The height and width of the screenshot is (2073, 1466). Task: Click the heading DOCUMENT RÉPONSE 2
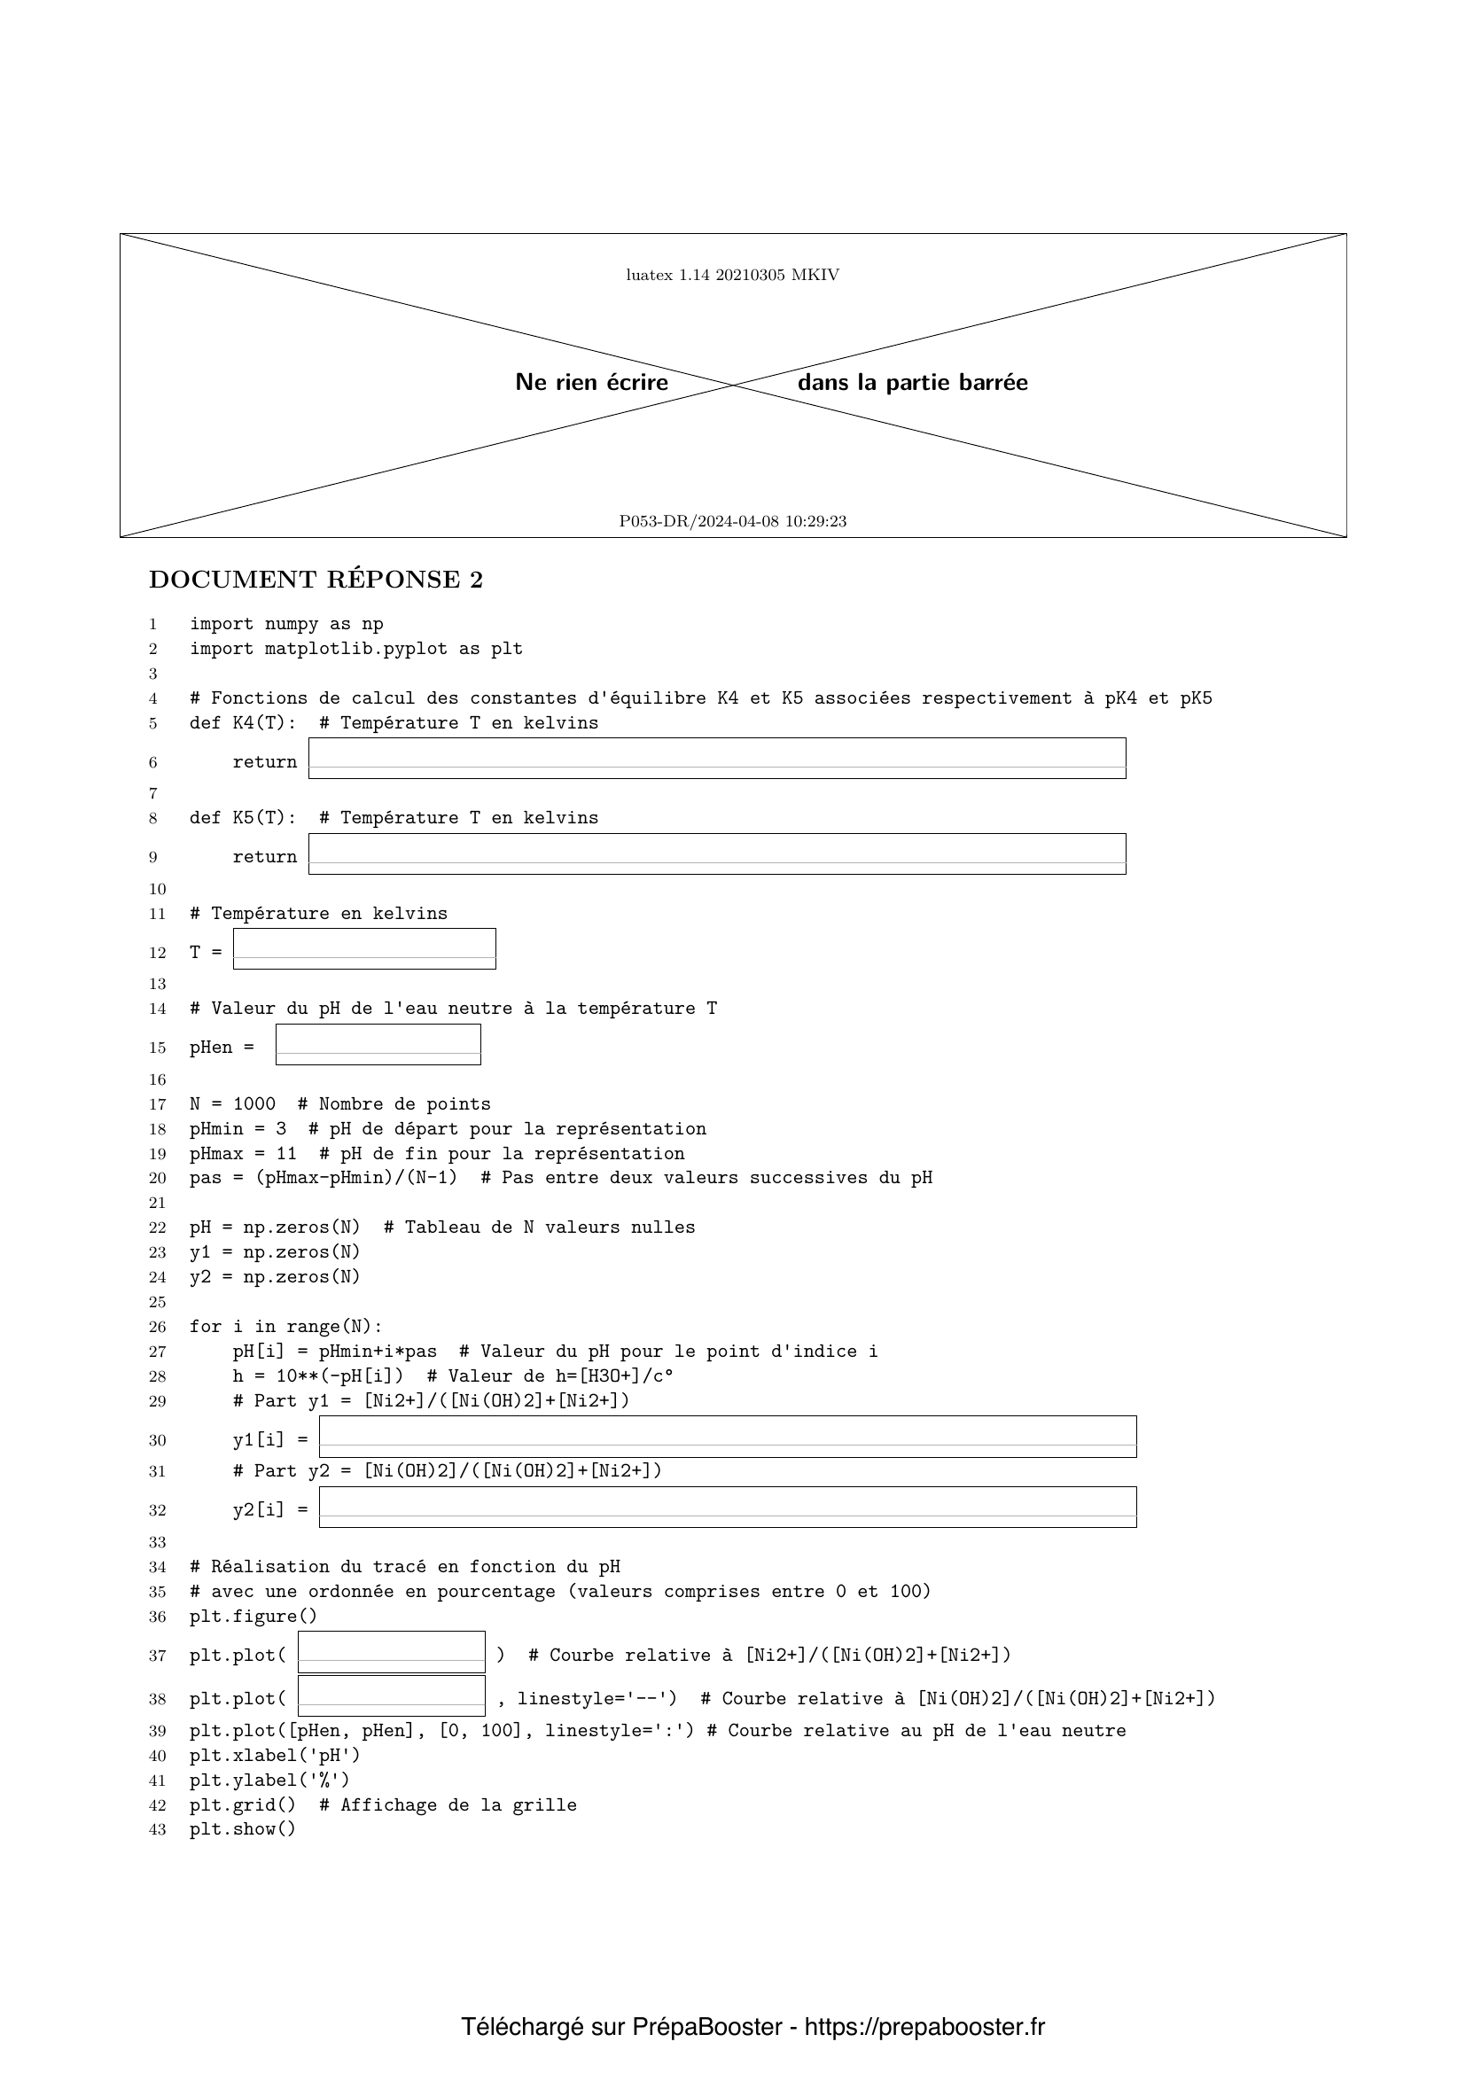[316, 580]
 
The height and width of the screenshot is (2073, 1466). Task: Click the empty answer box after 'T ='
[363, 949]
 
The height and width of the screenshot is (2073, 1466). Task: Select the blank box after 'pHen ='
[378, 1045]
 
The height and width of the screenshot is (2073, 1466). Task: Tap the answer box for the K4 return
[717, 759]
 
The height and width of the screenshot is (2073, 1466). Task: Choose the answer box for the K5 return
[717, 854]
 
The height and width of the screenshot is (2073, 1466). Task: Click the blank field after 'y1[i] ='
[728, 1437]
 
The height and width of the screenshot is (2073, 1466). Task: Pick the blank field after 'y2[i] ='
[728, 1507]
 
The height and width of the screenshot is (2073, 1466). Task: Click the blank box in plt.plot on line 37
[391, 1651]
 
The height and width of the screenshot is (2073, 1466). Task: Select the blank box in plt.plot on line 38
[391, 1695]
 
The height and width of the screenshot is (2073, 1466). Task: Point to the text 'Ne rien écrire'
[591, 383]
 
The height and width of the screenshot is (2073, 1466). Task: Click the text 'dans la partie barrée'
[912, 383]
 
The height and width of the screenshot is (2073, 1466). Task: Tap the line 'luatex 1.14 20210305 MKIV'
[732, 276]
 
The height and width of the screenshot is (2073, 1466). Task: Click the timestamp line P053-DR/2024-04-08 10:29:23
[732, 522]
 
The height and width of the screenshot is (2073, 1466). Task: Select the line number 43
[157, 1829]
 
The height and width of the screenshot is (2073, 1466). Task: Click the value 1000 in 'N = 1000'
[253, 1104]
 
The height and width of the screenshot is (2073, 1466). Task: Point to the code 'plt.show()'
[242, 1829]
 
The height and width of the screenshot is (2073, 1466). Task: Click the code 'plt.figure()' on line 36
[253, 1617]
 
